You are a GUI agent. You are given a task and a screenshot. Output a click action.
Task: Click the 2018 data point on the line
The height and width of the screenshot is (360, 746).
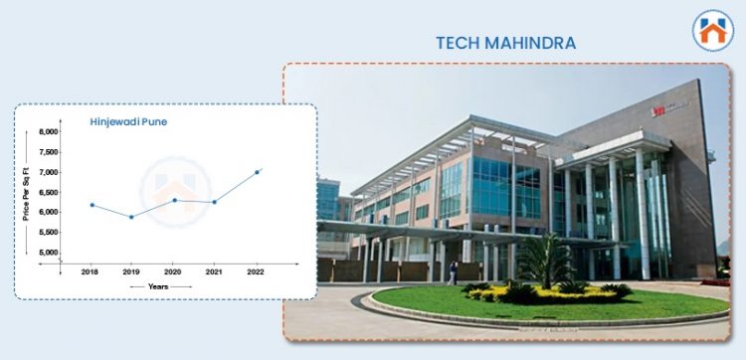tap(93, 205)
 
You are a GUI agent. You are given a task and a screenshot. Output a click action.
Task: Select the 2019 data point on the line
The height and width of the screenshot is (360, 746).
tap(131, 217)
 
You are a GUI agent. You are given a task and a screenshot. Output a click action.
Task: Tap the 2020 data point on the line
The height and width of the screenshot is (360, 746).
tap(174, 200)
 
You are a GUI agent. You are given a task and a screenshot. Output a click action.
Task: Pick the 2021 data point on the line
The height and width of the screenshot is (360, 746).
tap(214, 202)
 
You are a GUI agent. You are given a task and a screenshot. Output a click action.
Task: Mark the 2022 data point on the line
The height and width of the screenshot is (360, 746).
tap(257, 172)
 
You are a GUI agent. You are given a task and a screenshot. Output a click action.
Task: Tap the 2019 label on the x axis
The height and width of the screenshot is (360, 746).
tap(131, 270)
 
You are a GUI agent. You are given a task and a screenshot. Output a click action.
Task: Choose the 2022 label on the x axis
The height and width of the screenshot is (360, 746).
tap(257, 270)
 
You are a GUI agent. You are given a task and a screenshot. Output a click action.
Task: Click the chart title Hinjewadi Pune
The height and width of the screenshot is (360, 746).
tap(125, 122)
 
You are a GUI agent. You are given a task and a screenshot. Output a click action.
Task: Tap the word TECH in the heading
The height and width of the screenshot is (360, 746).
tap(459, 43)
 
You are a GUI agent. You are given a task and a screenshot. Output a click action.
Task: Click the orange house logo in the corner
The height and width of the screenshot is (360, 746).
tap(713, 30)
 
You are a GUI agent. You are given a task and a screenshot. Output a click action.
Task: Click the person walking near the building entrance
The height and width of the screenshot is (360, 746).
tap(454, 272)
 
